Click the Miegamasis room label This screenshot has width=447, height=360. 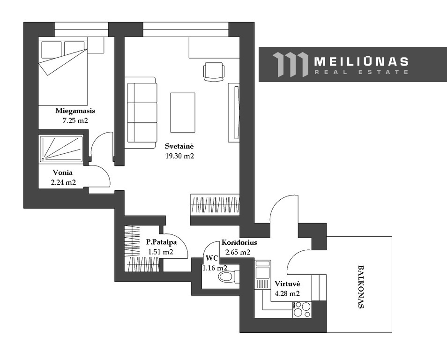tap(75, 111)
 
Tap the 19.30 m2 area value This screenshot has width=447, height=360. tap(179, 156)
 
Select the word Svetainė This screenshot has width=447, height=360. tap(179, 146)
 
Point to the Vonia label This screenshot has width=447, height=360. tap(62, 172)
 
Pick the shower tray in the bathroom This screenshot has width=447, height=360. tap(61, 149)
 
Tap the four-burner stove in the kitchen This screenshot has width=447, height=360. tap(302, 309)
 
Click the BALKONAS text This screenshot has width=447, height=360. tap(361, 287)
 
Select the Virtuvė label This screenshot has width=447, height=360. tap(287, 284)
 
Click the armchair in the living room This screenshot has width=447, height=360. tap(214, 72)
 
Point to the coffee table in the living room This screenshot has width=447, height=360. tap(183, 112)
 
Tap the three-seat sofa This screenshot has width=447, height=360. tap(141, 112)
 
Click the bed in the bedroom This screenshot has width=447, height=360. tap(63, 72)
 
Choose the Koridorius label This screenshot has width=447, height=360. tap(239, 242)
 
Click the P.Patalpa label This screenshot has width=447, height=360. tap(161, 242)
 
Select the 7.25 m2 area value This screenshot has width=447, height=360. tap(75, 120)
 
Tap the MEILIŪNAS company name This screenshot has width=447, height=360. tap(361, 61)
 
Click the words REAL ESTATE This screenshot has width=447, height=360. tap(361, 72)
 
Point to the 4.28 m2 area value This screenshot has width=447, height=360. tap(287, 293)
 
